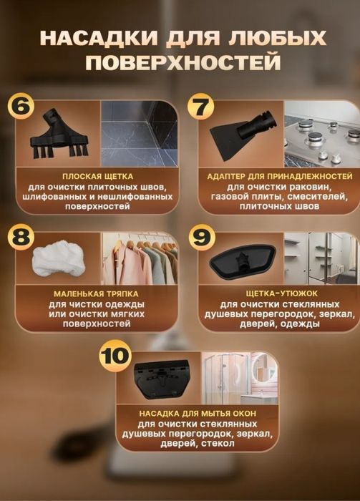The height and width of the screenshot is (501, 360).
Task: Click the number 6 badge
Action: pyautogui.click(x=21, y=107)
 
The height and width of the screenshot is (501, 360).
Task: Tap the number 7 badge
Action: pyautogui.click(x=200, y=107)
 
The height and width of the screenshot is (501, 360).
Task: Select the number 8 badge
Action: pyautogui.click(x=21, y=237)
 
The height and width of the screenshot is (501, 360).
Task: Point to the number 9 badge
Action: pyautogui.click(x=202, y=237)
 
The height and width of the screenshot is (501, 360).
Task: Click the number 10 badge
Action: pyautogui.click(x=115, y=356)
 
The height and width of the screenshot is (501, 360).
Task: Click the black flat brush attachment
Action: pyautogui.click(x=59, y=135)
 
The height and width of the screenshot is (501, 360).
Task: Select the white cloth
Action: pyautogui.click(x=59, y=258)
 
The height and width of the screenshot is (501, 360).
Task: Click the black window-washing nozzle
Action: pyautogui.click(x=162, y=379)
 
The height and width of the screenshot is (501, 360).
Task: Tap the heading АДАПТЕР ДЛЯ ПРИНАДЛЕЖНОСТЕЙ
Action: pyautogui.click(x=280, y=176)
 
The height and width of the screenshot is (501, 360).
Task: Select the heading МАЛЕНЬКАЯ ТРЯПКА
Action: pyautogui.click(x=96, y=293)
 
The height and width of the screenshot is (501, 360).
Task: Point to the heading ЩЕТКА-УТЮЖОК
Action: pyautogui.click(x=277, y=293)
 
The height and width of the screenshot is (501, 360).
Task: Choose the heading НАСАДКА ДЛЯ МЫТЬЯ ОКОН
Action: pyautogui.click(x=198, y=414)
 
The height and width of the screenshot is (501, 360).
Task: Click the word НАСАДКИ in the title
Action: pyautogui.click(x=99, y=38)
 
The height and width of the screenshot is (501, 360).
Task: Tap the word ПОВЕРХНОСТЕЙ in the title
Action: pyautogui.click(x=183, y=62)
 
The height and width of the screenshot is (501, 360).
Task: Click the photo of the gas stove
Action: pyautogui.click(x=322, y=135)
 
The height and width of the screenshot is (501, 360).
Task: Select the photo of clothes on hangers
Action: pyautogui.click(x=140, y=258)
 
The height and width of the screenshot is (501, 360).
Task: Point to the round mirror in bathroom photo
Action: pyautogui.click(x=264, y=370)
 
